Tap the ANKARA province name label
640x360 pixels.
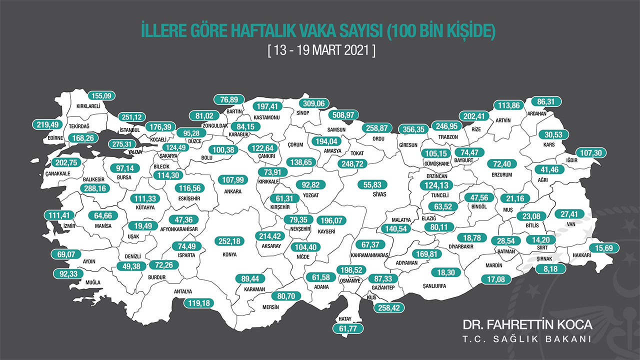click(x=233, y=191)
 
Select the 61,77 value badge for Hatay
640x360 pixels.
click(x=348, y=328)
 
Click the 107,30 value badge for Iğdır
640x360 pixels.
click(x=593, y=153)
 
